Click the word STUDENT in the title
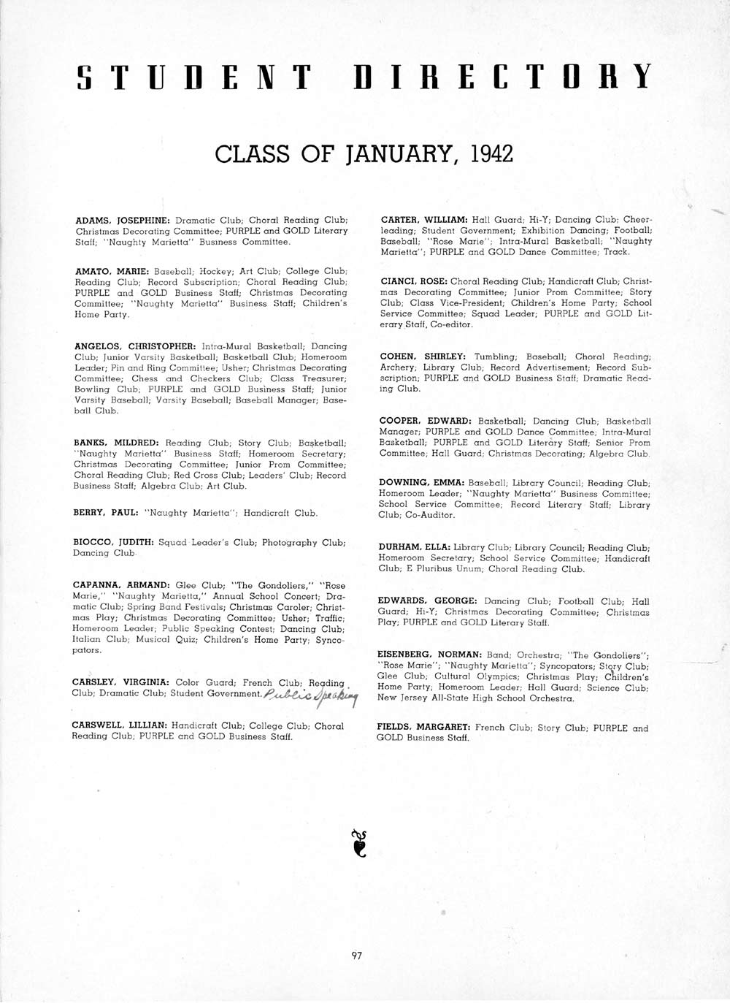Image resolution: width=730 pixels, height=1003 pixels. pyautogui.click(x=194, y=77)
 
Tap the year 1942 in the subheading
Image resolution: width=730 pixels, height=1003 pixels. pyautogui.click(x=492, y=154)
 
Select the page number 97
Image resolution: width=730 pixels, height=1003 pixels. pyautogui.click(x=357, y=955)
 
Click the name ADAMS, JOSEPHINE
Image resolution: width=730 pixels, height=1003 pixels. pyautogui.click(x=123, y=220)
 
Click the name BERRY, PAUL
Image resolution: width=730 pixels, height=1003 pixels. pyautogui.click(x=106, y=513)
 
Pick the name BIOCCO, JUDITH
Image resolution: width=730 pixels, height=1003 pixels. pyautogui.click(x=113, y=543)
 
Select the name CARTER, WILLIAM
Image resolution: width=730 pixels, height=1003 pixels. pyautogui.click(x=423, y=219)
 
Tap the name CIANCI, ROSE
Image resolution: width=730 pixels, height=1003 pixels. pyautogui.click(x=413, y=281)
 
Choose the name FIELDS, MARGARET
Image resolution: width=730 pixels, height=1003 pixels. pyautogui.click(x=423, y=728)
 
